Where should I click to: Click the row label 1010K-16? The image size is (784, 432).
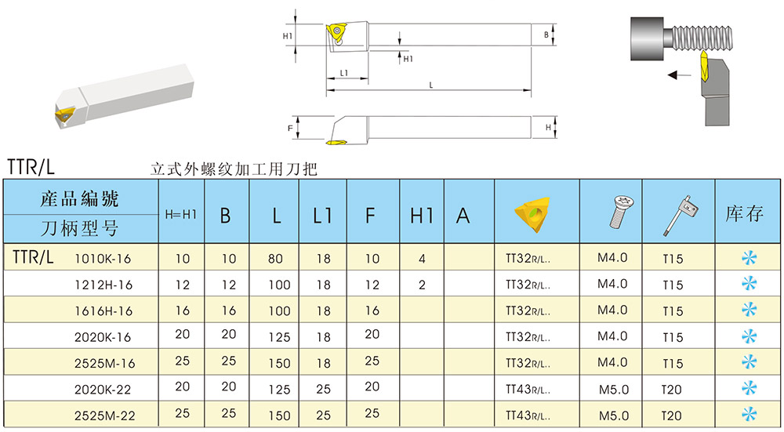point(103,258)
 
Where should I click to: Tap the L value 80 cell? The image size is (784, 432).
point(276,258)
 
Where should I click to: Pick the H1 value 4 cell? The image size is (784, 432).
point(422,258)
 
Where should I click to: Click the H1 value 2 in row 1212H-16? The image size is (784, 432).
point(422,285)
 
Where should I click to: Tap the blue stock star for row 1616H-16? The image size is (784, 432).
point(750,310)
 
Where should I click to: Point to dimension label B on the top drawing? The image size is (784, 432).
point(546,35)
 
